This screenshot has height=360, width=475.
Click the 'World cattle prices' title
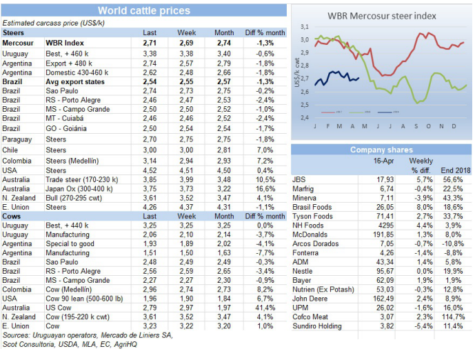pos(144,10)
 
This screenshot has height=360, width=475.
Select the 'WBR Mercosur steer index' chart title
pos(382,14)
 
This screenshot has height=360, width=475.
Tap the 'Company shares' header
pos(381,150)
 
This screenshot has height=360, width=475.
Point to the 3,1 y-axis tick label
pos(303,26)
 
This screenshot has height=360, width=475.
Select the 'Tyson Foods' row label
pos(314,215)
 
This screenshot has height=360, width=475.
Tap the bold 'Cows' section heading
pos(13,215)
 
